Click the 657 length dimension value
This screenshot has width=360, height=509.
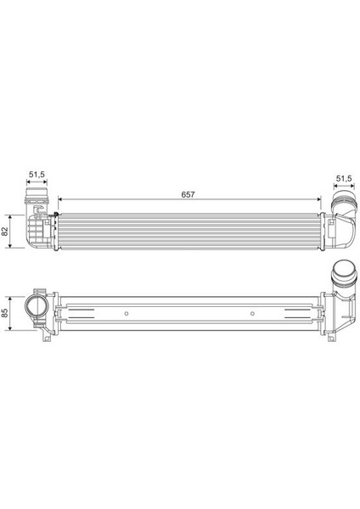(x=188, y=194)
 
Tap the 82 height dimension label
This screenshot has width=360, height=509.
(x=4, y=231)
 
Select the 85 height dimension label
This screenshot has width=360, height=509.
(x=4, y=312)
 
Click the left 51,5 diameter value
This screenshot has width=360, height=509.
(x=37, y=174)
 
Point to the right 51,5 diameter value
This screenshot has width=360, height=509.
(x=344, y=178)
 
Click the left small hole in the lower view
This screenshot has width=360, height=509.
(x=127, y=313)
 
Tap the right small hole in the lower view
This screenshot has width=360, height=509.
(x=252, y=313)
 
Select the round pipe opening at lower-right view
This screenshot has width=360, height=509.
(x=344, y=271)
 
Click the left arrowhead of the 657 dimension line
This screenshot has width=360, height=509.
(x=60, y=199)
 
